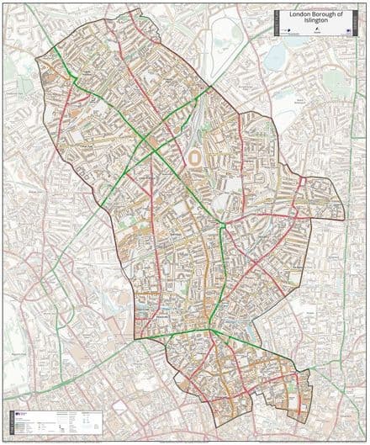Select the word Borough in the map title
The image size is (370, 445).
[323, 13]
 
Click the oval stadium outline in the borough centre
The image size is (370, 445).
[195, 157]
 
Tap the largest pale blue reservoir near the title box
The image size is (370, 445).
[277, 56]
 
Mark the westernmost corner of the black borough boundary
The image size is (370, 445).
[35, 59]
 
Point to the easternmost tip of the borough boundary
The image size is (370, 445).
[345, 208]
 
